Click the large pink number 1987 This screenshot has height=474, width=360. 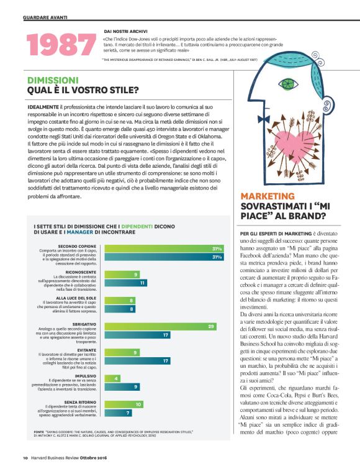pos(61,44)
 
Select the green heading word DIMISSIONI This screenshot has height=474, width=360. pos(53,80)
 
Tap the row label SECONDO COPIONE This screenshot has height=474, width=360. pos(76,246)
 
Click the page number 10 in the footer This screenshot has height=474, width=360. pos(25,458)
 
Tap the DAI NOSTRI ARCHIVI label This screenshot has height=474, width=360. pos(125,29)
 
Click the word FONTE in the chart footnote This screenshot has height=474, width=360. pos(39,430)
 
